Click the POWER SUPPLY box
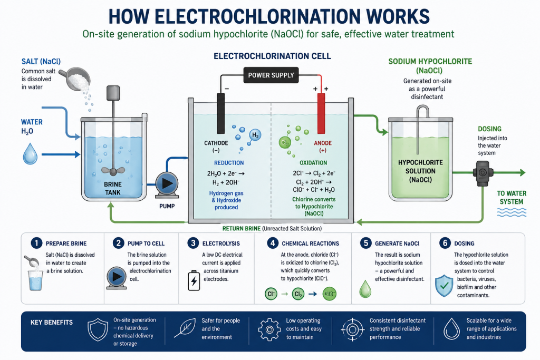(x=271, y=75)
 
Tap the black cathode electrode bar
(x=221, y=113)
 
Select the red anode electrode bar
(x=321, y=113)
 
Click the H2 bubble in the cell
(x=255, y=135)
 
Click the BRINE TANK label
(x=113, y=188)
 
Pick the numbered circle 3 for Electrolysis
(x=193, y=243)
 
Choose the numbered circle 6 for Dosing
(x=445, y=243)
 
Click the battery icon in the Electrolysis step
(x=194, y=280)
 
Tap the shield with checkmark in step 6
(x=444, y=286)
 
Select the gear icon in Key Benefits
(x=269, y=329)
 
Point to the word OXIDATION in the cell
(x=313, y=163)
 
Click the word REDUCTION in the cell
(x=229, y=163)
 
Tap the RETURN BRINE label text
(x=241, y=229)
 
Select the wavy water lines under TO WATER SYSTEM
(x=512, y=212)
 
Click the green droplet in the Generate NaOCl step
(x=365, y=288)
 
